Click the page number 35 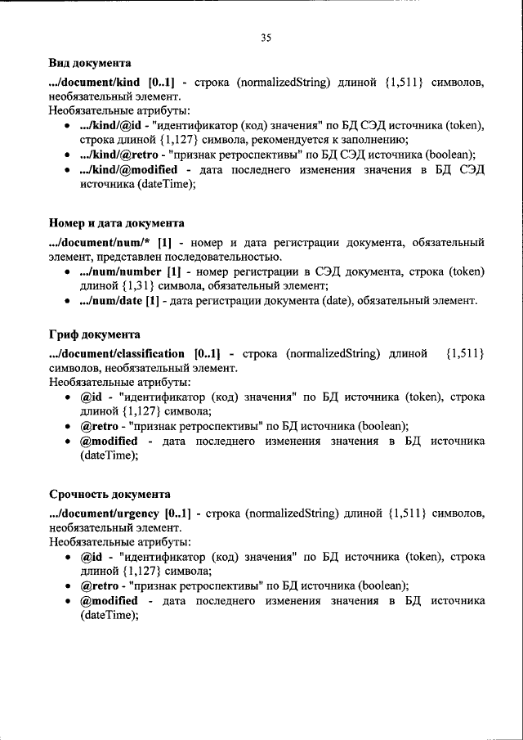pyautogui.click(x=266, y=38)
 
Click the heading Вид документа pyautogui.click(x=89, y=63)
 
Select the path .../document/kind pyautogui.click(x=95, y=82)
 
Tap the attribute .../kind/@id pyautogui.click(x=114, y=125)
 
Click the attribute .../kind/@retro pyautogui.click(x=120, y=155)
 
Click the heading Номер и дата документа pyautogui.click(x=116, y=222)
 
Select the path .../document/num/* pyautogui.click(x=102, y=242)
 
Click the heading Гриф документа pyautogui.click(x=94, y=334)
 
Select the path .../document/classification pyautogui.click(x=117, y=353)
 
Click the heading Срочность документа pyautogui.click(x=110, y=495)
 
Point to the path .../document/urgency pyautogui.click(x=104, y=514)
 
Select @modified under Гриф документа pyautogui.click(x=109, y=441)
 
